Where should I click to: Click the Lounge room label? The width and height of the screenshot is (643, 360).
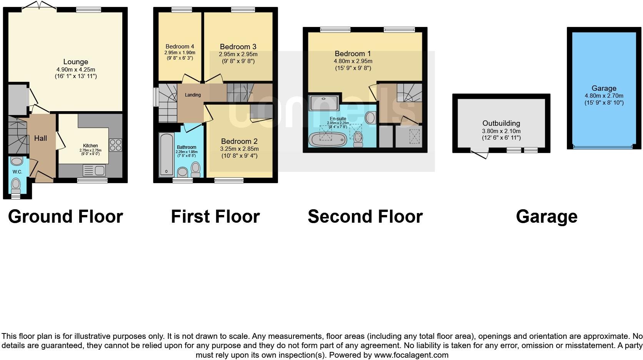tap(76, 62)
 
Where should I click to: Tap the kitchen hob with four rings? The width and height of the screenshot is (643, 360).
tap(115, 145)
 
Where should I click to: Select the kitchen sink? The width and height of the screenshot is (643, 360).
tap(94, 170)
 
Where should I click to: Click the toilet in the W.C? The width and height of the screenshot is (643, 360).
tap(16, 185)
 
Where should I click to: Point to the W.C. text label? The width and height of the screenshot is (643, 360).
tap(17, 172)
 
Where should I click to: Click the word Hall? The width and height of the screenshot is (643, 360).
tap(40, 138)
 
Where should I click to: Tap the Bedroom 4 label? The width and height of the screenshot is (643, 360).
tap(180, 47)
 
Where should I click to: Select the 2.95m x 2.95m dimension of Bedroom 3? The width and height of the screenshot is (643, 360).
tap(238, 54)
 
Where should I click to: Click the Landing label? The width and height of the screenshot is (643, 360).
tap(193, 95)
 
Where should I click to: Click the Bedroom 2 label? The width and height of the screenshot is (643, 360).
tap(239, 141)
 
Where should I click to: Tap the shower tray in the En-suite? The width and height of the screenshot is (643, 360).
tap(324, 103)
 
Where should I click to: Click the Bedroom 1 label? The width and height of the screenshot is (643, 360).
tap(353, 53)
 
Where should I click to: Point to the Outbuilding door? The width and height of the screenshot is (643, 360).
tap(480, 155)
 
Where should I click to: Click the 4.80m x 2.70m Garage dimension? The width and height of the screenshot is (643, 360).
tap(604, 96)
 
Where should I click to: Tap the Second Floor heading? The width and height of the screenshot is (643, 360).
tap(365, 217)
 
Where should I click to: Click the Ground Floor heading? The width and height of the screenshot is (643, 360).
tap(65, 217)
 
